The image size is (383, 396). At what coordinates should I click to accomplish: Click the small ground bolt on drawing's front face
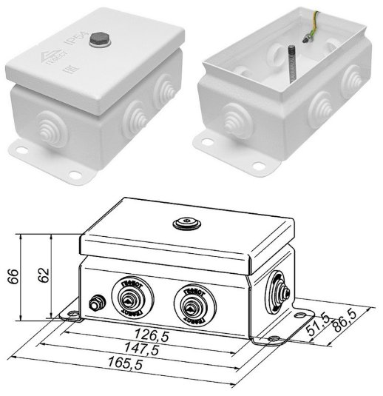(95, 303)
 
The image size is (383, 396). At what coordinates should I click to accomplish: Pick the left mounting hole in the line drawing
(74, 318)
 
